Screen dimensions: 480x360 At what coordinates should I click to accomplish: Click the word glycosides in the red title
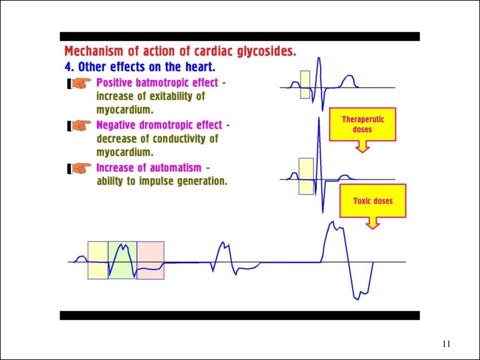coord(267,52)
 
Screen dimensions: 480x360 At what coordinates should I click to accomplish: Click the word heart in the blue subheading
coord(200,67)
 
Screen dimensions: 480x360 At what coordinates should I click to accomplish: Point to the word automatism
coord(176,168)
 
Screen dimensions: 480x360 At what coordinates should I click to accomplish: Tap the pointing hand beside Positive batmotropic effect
coord(79,83)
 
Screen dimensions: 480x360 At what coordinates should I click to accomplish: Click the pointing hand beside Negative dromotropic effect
coord(79,126)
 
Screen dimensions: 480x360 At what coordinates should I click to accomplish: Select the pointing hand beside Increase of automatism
coord(79,168)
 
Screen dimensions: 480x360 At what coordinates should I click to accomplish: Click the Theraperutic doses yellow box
coord(362,124)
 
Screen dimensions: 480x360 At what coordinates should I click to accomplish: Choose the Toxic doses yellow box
coord(373,201)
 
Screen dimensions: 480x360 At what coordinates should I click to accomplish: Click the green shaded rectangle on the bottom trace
coord(122,260)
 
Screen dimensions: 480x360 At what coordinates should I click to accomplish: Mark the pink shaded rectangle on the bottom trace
coord(150,260)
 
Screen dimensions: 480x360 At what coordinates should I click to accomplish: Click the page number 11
coord(446,344)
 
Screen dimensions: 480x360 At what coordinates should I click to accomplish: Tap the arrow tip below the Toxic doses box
coord(373,229)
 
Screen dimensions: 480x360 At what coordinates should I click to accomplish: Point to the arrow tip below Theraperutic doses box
coord(362,152)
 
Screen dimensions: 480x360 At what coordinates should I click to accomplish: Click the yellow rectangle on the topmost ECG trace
coord(305,84)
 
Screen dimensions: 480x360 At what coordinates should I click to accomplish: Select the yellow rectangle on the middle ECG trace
coord(306,176)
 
